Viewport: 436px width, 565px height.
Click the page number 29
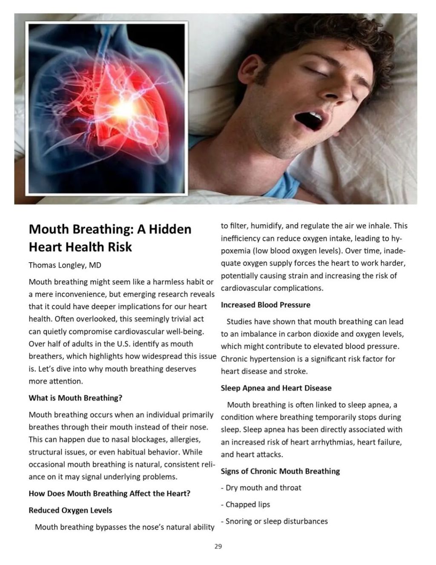coord(218,546)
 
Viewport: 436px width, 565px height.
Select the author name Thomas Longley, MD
coord(65,265)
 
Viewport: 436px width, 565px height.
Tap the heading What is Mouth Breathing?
coord(75,398)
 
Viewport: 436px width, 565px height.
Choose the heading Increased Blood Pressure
coord(265,305)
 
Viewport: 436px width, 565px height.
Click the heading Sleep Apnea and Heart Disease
coord(276,388)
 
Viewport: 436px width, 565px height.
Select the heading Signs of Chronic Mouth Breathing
coord(280,471)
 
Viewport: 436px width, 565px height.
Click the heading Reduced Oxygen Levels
coord(70,510)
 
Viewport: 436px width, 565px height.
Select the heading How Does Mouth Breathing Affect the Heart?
coord(109,494)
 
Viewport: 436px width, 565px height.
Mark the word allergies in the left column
coord(185,440)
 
